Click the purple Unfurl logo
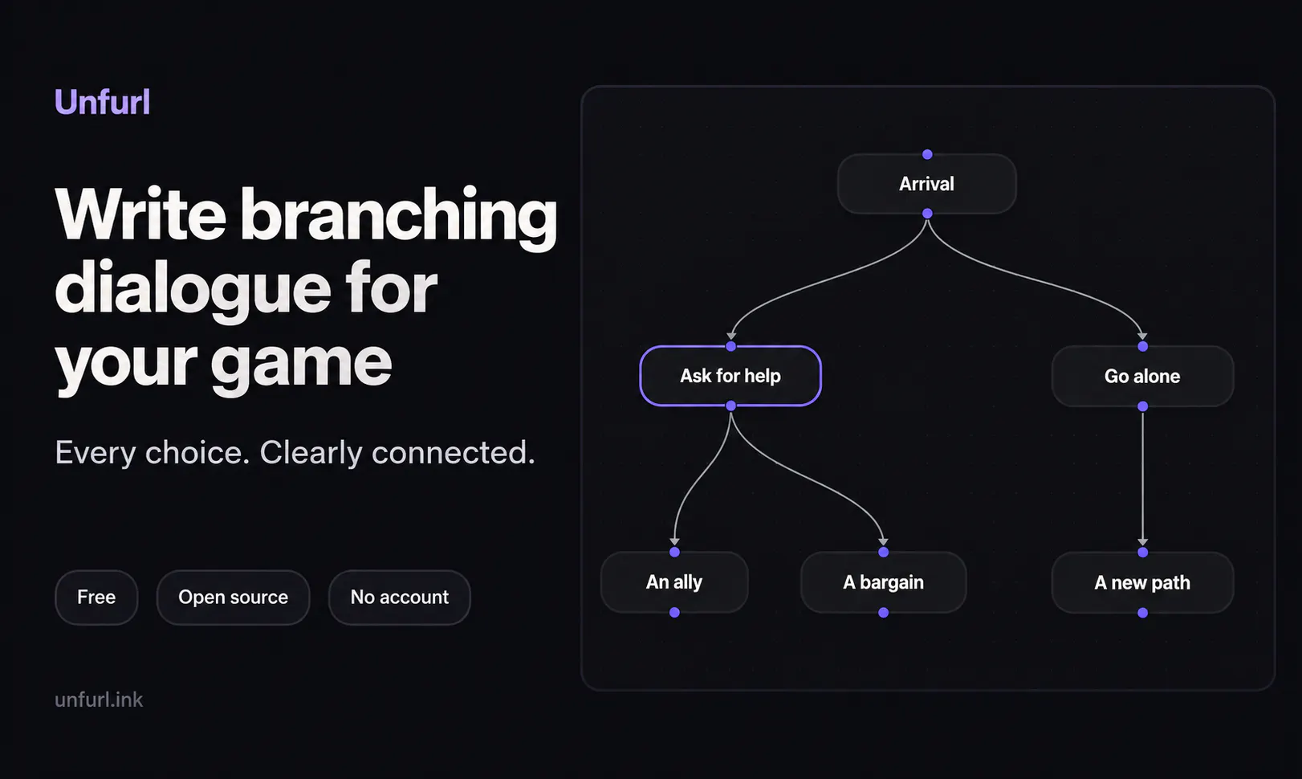102,102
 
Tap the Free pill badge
96,597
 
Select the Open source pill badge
233,597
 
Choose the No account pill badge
399,597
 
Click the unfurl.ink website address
99,699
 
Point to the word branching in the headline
399,215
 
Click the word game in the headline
300,363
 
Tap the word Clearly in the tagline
311,453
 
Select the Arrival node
927,184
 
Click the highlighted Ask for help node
730,376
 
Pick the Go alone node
1143,376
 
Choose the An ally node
674,582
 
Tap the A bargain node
884,582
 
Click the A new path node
1143,582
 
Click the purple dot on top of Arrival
928,154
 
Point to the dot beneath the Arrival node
928,214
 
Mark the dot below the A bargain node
884,612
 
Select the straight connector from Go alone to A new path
1143,478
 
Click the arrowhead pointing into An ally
674,542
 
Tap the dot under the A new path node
1143,613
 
